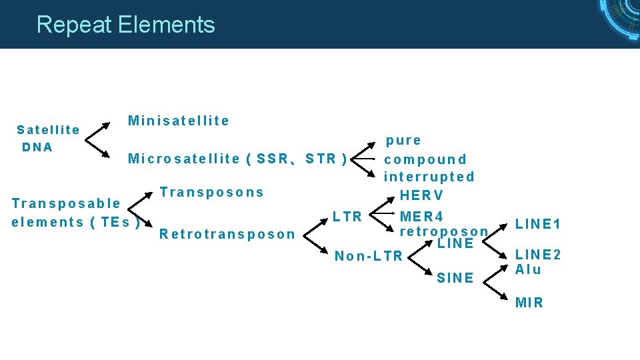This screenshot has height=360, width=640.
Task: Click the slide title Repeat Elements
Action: coord(125,25)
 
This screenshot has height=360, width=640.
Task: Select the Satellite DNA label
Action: coord(48,138)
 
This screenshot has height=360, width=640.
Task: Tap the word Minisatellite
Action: coord(179,121)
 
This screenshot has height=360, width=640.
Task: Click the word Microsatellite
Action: coord(183,159)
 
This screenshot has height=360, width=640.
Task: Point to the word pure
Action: coord(404,141)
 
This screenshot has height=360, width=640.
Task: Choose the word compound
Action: coord(425,159)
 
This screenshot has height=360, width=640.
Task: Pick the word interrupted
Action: coord(429,177)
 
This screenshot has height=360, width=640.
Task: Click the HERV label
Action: coord(421,196)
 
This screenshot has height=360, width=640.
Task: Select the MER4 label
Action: coord(421,217)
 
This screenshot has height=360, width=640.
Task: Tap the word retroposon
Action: coord(443,231)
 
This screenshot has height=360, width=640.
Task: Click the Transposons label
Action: coord(212,193)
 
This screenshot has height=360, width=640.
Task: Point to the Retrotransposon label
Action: coord(227,234)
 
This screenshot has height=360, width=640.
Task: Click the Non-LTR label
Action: coord(369,256)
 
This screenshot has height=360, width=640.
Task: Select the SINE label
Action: coord(455,278)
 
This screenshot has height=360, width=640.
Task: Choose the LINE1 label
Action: coord(538,224)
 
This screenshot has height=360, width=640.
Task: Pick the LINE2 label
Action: coord(538,255)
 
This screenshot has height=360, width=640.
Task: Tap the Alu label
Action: coord(528,269)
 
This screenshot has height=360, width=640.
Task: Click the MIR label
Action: coord(529,303)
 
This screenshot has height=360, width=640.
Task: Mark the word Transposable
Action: coord(66,203)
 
